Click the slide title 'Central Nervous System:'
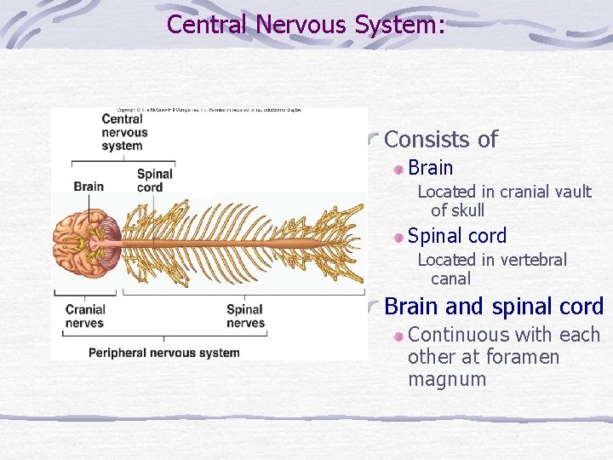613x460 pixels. coord(306,25)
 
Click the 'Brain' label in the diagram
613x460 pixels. coord(89,187)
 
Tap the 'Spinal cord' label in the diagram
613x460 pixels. coord(154,181)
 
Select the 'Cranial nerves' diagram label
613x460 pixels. coord(85,316)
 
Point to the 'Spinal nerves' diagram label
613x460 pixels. coord(245,316)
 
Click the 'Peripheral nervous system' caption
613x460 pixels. coord(163,353)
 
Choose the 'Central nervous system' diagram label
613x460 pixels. coord(124,132)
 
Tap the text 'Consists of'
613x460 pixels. coord(441,140)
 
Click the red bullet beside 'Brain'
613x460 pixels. coord(398,169)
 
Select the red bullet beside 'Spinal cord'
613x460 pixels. coord(398,237)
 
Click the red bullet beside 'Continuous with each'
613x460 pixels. coord(398,336)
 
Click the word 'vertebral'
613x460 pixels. coord(528,260)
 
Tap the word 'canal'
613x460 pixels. coord(450,279)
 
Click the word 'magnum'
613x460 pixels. coord(447,379)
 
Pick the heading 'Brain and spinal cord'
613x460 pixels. coord(494,306)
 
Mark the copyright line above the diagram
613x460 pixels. coord(209,111)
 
